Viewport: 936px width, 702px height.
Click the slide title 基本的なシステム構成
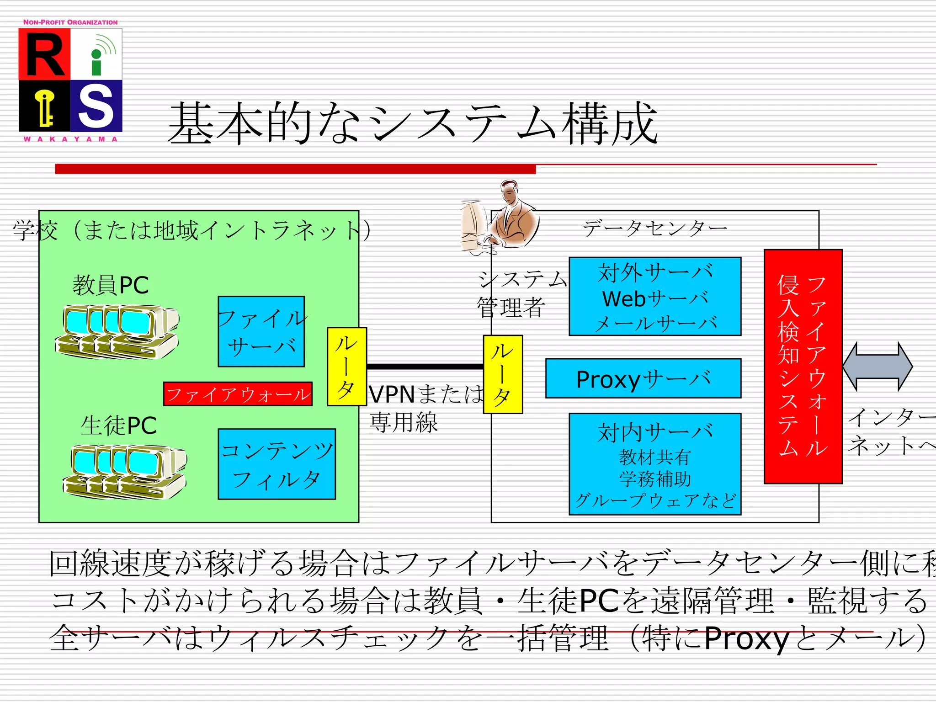(x=413, y=123)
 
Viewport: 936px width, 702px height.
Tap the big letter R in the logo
(x=44, y=55)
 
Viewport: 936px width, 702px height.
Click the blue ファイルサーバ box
(x=261, y=331)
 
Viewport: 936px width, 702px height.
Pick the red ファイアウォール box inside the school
(x=238, y=394)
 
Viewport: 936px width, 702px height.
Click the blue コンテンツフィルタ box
(x=277, y=464)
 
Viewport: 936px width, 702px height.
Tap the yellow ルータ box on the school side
(x=346, y=367)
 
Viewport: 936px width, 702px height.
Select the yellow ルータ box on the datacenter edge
(x=503, y=374)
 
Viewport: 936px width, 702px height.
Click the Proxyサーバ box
(x=643, y=378)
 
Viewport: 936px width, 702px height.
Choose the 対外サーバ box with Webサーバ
(x=654, y=297)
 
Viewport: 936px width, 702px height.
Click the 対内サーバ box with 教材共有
(x=654, y=464)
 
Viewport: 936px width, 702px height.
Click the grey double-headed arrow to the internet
(x=877, y=367)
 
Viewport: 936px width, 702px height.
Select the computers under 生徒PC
(x=125, y=472)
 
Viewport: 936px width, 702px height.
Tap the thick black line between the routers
(x=425, y=367)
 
